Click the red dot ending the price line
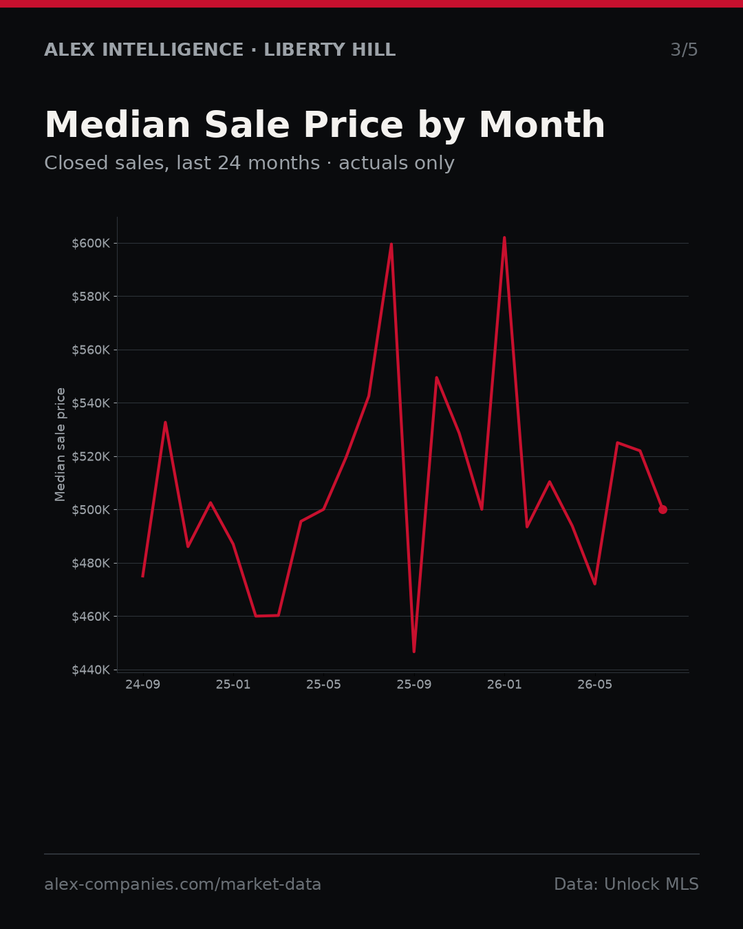point(663,509)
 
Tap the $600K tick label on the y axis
point(91,244)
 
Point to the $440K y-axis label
point(91,670)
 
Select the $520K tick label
point(91,456)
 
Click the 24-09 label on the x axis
point(143,685)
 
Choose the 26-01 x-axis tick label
point(504,685)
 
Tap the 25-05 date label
point(323,685)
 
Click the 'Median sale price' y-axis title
point(60,445)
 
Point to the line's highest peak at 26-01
point(504,237)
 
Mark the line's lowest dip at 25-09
point(414,652)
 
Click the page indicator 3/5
point(685,50)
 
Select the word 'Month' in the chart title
point(542,125)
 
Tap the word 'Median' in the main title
point(118,125)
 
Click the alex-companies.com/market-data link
point(182,884)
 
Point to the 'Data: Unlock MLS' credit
point(627,884)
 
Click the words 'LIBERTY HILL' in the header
point(330,50)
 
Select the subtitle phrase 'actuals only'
point(396,164)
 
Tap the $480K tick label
point(91,563)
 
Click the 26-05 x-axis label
point(595,685)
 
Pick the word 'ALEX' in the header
point(69,50)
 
